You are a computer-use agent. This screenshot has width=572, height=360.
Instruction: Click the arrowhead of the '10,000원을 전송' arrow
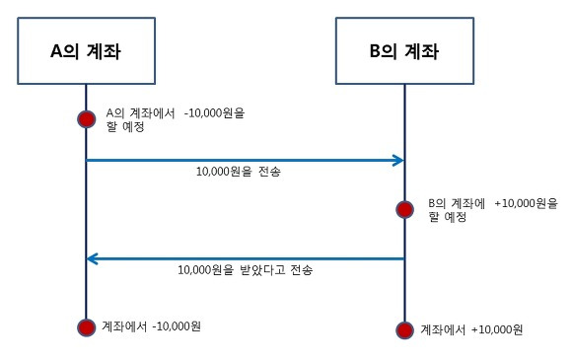click(x=398, y=160)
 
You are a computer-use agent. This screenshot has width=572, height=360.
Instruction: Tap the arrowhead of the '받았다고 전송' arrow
click(x=93, y=258)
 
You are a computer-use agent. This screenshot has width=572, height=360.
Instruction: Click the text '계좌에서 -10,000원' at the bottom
click(x=153, y=325)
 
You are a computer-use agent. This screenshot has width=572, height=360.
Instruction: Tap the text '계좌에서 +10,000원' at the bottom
click(x=471, y=328)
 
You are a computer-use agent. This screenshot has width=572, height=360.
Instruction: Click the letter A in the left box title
click(x=58, y=49)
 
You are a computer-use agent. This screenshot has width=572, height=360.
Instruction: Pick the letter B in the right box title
click(x=376, y=49)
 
